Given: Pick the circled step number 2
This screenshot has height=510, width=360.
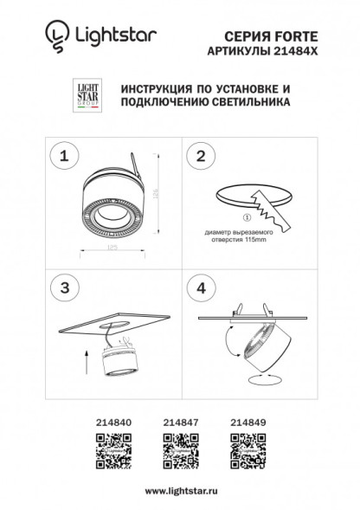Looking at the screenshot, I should click(202, 156).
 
